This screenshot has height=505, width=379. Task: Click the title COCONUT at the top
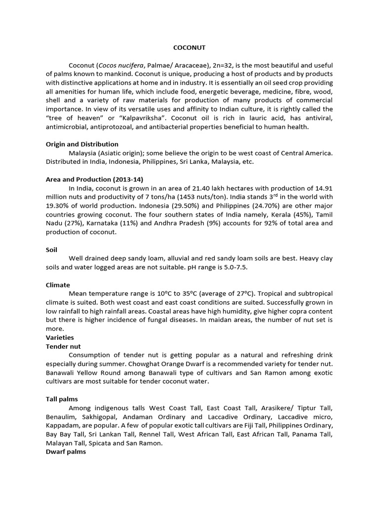(189, 48)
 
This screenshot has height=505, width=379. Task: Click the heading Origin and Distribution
(82, 144)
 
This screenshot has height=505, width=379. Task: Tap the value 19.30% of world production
(58, 206)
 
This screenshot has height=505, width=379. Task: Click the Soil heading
(52, 250)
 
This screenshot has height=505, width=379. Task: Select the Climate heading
(58, 285)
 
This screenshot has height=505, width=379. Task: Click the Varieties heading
(60, 338)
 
